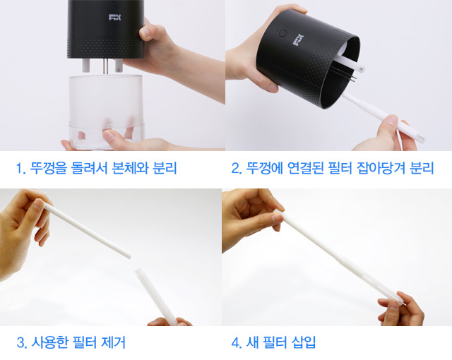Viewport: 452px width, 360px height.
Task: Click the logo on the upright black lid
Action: tap(114, 17)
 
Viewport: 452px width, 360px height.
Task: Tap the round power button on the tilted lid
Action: tap(282, 33)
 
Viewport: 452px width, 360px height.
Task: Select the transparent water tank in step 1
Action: tap(106, 112)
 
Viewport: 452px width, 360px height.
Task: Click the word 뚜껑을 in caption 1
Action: tap(48, 168)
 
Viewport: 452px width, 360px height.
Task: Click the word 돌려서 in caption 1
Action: tap(88, 168)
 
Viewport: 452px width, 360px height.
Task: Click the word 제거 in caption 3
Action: tap(114, 342)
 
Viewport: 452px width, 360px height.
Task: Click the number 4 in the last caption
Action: tap(235, 343)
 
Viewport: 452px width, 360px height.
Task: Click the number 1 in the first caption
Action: tap(19, 169)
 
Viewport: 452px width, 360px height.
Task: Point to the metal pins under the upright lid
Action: tap(106, 66)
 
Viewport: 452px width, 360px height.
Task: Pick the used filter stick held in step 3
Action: tap(87, 230)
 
